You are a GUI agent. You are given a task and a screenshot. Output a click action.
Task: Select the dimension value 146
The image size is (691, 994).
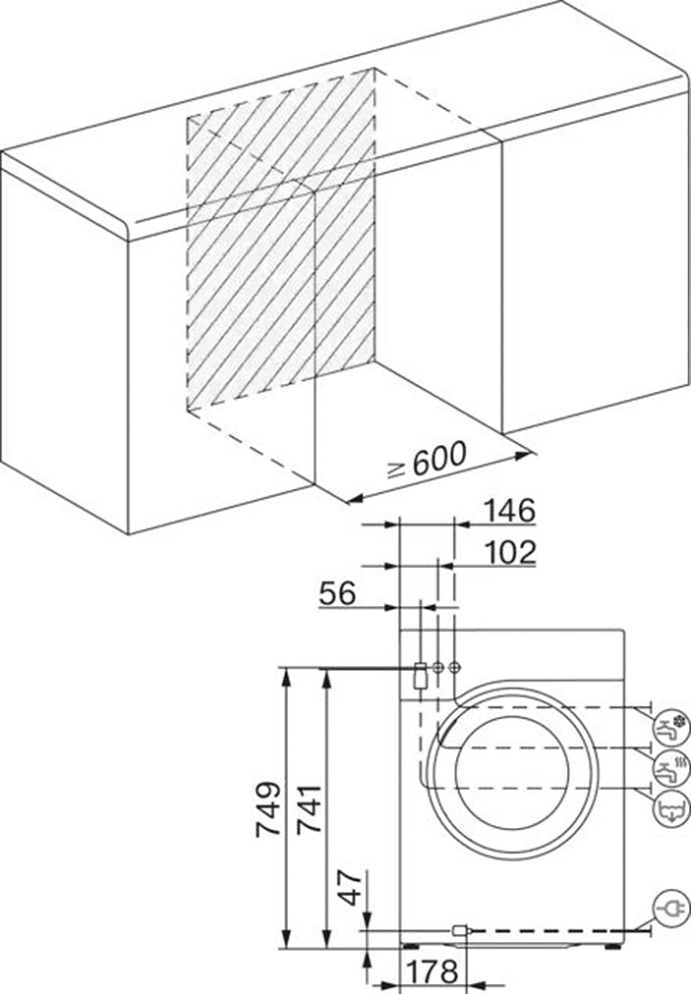(x=507, y=511)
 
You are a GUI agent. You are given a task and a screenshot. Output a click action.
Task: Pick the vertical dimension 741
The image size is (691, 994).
(x=309, y=808)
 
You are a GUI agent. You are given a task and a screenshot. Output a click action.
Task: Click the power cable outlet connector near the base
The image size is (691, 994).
(x=460, y=929)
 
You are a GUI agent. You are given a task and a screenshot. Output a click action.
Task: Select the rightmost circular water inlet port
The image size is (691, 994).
(x=454, y=667)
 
